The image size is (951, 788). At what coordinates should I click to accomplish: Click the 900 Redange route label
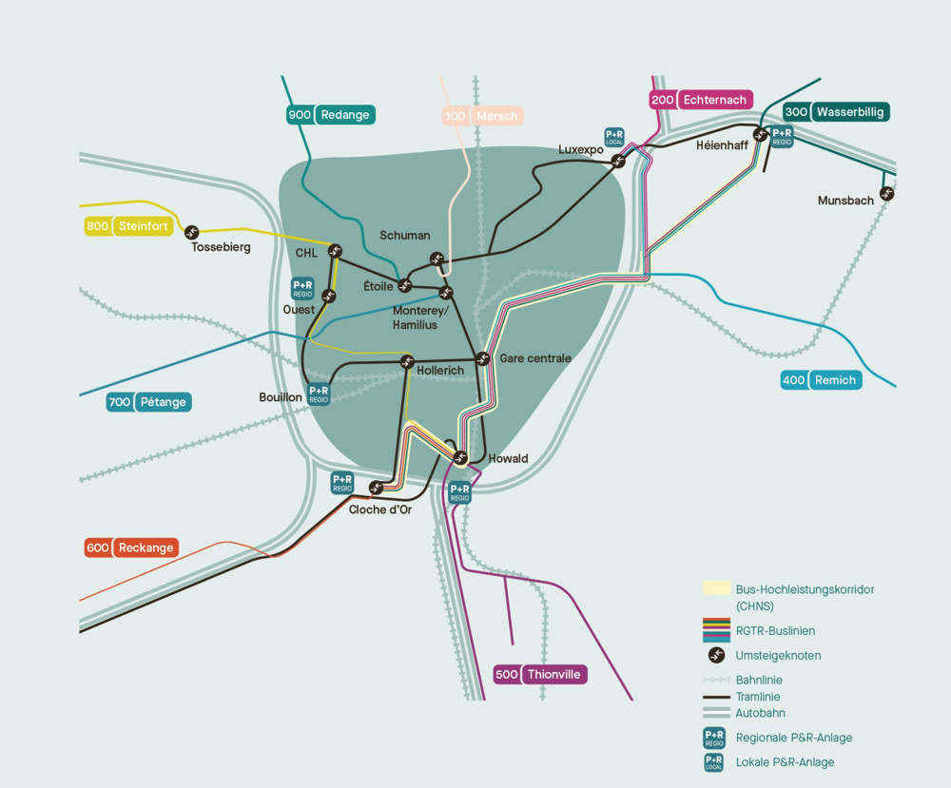click(x=331, y=115)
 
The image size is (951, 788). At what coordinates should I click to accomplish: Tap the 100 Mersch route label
click(x=483, y=116)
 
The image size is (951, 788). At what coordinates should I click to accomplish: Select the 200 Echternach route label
click(x=702, y=100)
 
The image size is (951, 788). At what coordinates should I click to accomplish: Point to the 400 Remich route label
click(x=821, y=380)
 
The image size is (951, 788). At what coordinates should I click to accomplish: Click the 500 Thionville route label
click(x=539, y=675)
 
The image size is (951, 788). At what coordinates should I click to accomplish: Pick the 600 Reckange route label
click(x=131, y=548)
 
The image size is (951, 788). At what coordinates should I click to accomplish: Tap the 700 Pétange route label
click(x=148, y=402)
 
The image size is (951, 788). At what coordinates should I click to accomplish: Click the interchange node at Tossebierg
click(x=192, y=232)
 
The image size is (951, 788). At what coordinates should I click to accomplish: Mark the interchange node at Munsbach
click(x=887, y=194)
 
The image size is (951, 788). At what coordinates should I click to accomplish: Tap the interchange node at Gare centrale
click(x=482, y=358)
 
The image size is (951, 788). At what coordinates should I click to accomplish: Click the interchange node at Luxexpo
click(x=618, y=161)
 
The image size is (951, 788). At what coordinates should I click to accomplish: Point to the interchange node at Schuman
click(x=437, y=259)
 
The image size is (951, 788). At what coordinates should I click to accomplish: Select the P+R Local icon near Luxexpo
click(x=614, y=137)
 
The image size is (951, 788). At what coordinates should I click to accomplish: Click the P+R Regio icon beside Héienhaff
click(x=782, y=137)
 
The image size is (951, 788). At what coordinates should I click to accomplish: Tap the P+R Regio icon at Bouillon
click(x=319, y=394)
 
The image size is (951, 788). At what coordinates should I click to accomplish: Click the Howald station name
click(x=508, y=459)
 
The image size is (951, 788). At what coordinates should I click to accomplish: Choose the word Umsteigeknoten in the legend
click(x=778, y=656)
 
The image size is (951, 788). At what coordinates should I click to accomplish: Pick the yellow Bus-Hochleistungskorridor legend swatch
click(x=716, y=588)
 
